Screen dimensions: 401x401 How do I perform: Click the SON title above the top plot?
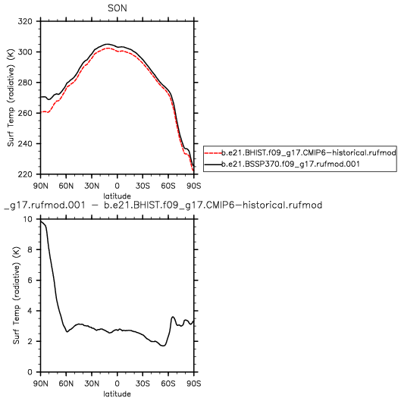[x=117, y=8]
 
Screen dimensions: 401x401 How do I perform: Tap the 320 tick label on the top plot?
[x=25, y=21]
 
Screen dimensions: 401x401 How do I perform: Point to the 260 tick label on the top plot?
[x=25, y=113]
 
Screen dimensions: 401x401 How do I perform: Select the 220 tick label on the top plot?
[x=25, y=174]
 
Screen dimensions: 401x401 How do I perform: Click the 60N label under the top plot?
[x=66, y=186]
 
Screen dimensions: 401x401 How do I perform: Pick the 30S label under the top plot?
[x=143, y=186]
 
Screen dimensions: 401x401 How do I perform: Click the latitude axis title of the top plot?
[x=117, y=196]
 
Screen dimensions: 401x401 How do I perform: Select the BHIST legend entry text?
[x=309, y=153]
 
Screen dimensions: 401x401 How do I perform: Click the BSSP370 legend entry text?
[x=290, y=164]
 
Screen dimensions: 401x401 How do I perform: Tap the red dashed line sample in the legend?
[x=213, y=153]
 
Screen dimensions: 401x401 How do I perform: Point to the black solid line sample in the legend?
[x=213, y=164]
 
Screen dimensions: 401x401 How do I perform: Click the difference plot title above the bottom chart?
[x=163, y=205]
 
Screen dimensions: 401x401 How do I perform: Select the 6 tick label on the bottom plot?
[x=30, y=280]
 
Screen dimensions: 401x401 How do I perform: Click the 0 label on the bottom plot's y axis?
[x=30, y=372]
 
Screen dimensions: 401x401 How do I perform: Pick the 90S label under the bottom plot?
[x=193, y=384]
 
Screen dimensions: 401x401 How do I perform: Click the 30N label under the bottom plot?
[x=92, y=384]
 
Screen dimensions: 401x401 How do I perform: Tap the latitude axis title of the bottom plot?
[x=117, y=394]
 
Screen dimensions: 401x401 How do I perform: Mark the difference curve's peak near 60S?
[x=173, y=317]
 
